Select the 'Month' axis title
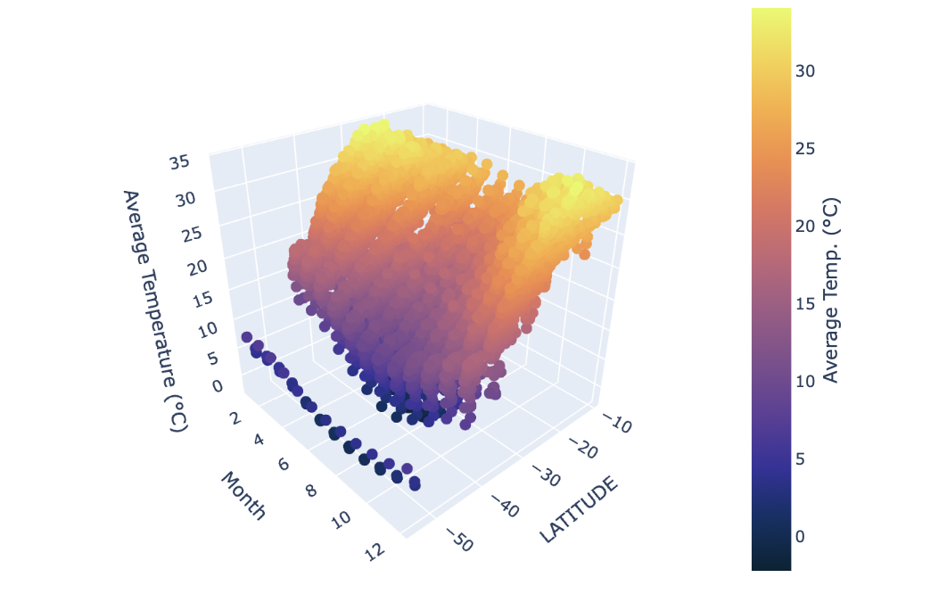[x=243, y=495]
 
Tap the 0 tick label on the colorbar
[x=800, y=535]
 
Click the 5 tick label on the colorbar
[x=800, y=458]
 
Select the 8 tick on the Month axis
[x=310, y=489]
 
